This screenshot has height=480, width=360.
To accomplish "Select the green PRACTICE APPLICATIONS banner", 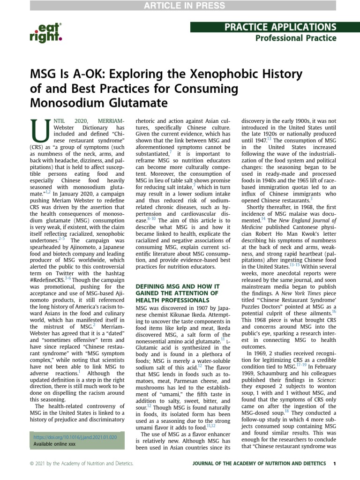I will [x=263, y=27].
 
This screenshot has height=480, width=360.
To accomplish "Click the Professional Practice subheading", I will [x=295, y=38].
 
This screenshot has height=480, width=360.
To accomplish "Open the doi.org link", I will [x=75, y=437].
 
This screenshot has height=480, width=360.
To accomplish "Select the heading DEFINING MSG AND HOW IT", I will [x=177, y=286].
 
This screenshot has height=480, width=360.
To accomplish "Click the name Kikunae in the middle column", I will [x=187, y=315].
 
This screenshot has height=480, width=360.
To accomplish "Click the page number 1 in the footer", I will [x=334, y=464].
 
